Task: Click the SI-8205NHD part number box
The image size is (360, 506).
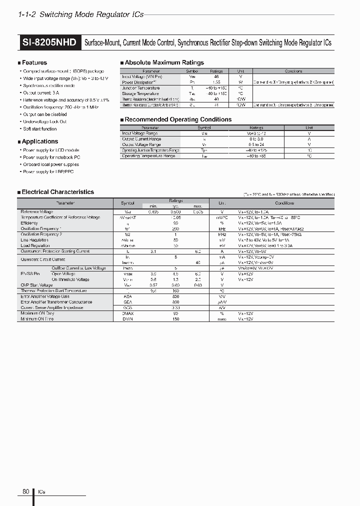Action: (49, 42)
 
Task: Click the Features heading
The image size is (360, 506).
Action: (34, 62)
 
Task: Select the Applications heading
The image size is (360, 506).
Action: (39, 141)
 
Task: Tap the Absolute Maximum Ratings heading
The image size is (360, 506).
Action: (163, 62)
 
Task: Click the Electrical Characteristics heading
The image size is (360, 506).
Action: (57, 191)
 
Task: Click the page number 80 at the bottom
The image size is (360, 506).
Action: (26, 491)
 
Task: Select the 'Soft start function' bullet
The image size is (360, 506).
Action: (40, 129)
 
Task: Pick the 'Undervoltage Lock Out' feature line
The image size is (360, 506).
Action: (45, 121)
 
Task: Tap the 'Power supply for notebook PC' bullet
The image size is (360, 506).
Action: (51, 157)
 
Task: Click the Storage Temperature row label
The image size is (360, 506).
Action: (140, 93)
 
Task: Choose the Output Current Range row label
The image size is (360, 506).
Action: (141, 139)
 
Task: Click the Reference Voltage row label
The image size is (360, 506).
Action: (36, 212)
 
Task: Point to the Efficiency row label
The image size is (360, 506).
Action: (29, 223)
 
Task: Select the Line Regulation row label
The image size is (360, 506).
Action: (34, 240)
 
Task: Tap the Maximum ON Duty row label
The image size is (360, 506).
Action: (38, 313)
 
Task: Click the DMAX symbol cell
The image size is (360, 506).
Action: (127, 313)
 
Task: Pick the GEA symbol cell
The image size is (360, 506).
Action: (127, 302)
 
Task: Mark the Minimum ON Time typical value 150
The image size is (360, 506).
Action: (176, 318)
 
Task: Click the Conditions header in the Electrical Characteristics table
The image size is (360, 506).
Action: (284, 203)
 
